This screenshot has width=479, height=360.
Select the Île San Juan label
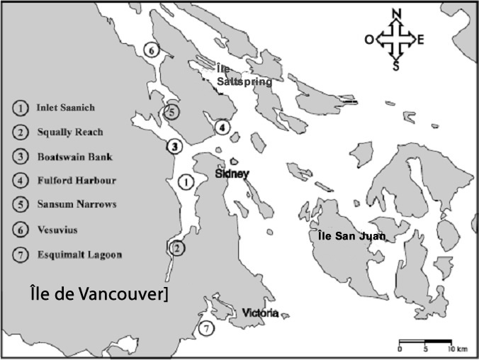click(x=351, y=236)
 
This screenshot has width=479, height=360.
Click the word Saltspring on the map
click(x=244, y=81)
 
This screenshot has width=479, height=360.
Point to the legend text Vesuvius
click(x=57, y=230)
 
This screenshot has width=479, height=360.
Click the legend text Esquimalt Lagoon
click(x=79, y=254)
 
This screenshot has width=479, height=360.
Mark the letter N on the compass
click(x=398, y=14)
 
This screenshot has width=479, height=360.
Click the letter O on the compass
click(x=369, y=40)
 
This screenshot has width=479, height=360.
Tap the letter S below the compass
click(x=397, y=67)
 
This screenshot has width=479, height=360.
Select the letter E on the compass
click(x=421, y=40)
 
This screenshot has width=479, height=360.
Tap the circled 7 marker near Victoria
click(x=205, y=328)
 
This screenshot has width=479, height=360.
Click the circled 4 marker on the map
click(x=222, y=128)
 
